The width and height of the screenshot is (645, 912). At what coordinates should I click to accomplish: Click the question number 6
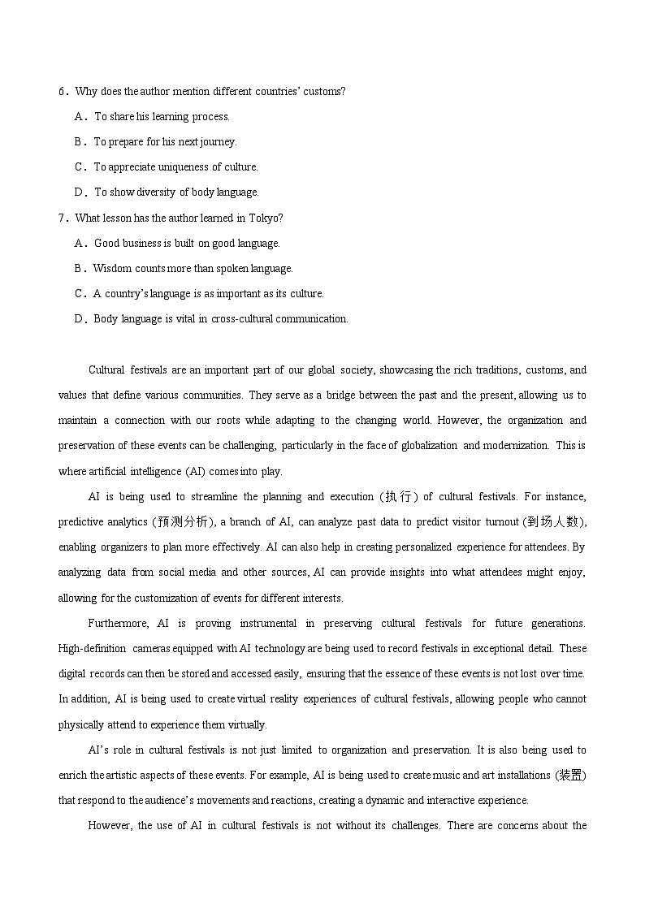(x=62, y=92)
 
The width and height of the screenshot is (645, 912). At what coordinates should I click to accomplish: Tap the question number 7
(x=62, y=218)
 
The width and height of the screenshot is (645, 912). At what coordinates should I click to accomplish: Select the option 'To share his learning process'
(x=162, y=117)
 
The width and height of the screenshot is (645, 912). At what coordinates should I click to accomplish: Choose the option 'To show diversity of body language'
(x=176, y=192)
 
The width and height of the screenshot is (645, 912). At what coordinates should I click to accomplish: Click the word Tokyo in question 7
(x=264, y=218)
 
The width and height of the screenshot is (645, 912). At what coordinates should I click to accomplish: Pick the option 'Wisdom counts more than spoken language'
(x=193, y=268)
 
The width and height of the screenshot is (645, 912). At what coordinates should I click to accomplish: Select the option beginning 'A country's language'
(x=208, y=293)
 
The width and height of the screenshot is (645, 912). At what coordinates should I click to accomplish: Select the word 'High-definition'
(x=92, y=648)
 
